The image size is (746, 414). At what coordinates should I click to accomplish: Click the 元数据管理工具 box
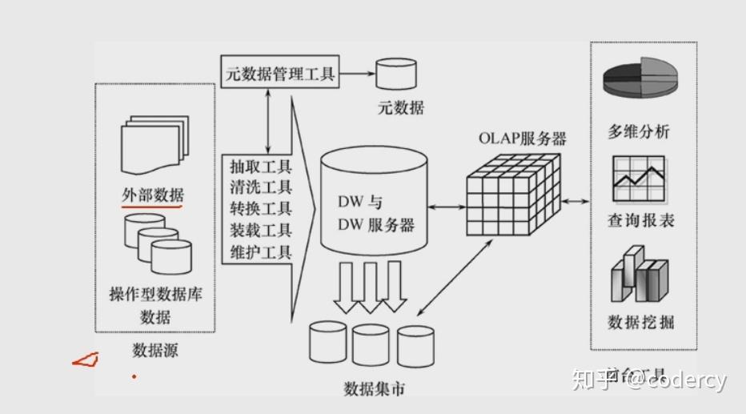(x=279, y=74)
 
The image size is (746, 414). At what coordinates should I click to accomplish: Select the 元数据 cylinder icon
(x=396, y=74)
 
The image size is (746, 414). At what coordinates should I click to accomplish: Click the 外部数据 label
(x=152, y=194)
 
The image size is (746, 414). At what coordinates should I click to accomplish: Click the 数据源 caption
(x=154, y=350)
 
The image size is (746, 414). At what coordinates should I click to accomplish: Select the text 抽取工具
(x=260, y=167)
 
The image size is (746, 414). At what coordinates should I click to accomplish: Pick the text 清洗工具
(x=260, y=188)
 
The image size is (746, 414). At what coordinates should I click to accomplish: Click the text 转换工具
(x=260, y=209)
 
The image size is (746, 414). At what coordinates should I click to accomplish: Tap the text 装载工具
(x=260, y=231)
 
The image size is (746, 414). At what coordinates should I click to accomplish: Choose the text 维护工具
(x=260, y=252)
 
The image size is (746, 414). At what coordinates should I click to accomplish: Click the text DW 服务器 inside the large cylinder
(x=375, y=225)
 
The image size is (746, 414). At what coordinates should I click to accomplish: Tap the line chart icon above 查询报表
(x=640, y=179)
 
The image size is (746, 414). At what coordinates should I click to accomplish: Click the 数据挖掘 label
(x=640, y=322)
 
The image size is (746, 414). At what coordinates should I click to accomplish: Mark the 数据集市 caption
(x=374, y=389)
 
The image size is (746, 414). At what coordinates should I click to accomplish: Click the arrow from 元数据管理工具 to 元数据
(x=356, y=74)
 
